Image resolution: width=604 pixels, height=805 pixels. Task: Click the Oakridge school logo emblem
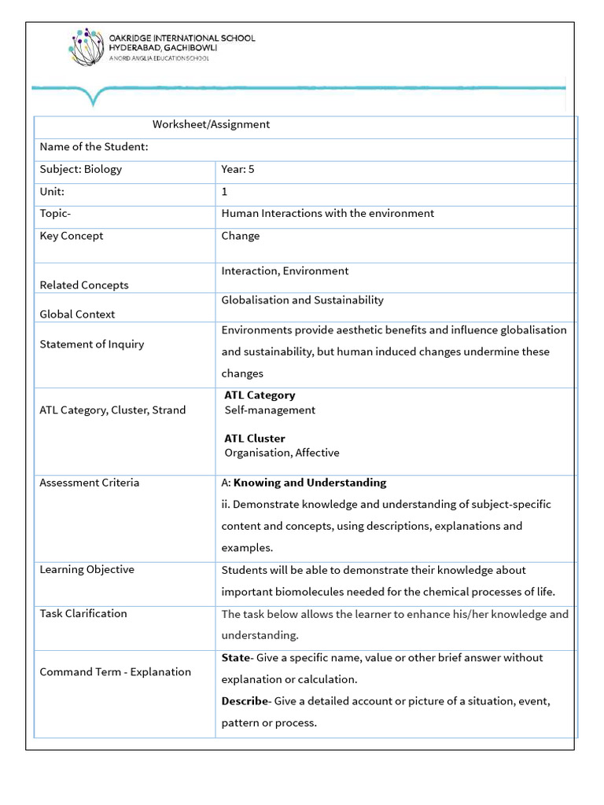87,47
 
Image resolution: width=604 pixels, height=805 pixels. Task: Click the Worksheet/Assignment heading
211,124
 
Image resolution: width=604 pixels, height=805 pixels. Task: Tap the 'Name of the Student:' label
94,147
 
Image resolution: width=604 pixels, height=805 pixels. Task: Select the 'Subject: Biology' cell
81,169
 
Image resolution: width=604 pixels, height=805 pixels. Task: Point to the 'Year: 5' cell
238,169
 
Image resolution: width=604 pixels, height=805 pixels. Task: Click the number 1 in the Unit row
225,192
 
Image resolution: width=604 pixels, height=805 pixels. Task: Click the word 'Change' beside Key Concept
241,236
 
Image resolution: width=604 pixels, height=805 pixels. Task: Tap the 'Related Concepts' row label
84,285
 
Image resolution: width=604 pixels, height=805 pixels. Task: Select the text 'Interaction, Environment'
285,271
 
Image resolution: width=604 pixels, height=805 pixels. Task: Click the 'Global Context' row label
77,314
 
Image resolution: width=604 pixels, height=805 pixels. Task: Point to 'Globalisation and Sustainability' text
302,300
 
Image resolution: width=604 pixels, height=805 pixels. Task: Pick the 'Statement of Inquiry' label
92,344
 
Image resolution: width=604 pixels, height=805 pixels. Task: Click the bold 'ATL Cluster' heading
255,439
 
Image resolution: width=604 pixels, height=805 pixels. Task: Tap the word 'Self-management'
270,410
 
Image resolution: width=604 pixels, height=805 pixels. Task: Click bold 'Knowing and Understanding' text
310,483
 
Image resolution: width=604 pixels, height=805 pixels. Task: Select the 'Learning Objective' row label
87,570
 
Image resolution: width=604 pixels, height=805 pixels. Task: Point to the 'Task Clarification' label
83,614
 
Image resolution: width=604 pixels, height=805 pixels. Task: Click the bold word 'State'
235,658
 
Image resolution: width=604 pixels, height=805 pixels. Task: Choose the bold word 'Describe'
245,701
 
